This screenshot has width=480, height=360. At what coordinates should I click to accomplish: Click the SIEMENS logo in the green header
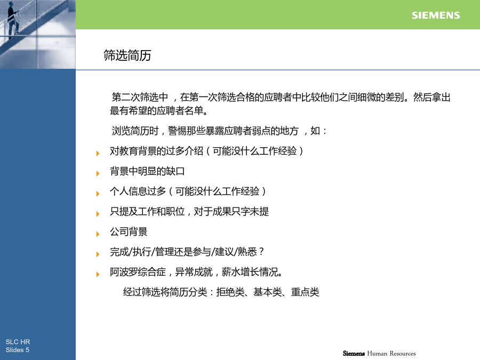(436, 15)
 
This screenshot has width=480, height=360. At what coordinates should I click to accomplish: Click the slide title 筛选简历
(127, 55)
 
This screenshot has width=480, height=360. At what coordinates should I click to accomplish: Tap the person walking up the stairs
(13, 19)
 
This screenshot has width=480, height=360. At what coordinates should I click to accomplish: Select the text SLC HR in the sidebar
(18, 342)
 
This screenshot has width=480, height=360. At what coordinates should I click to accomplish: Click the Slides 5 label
(18, 350)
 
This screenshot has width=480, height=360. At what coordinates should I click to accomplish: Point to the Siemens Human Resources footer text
(379, 353)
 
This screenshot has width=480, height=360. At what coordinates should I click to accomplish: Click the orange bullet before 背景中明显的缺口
(98, 173)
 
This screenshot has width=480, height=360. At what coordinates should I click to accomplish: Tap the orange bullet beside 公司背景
(98, 234)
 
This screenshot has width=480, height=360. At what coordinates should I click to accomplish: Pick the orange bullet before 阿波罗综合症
(98, 274)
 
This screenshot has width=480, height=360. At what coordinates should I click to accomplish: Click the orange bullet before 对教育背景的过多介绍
(98, 154)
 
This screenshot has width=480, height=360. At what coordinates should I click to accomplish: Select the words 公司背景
(129, 232)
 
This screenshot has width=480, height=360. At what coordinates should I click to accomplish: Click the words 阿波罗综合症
(138, 272)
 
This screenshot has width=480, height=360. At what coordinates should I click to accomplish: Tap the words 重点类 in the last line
(305, 292)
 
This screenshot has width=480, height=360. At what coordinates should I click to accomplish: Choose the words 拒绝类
(230, 292)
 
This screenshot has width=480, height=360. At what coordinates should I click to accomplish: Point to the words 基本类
(268, 292)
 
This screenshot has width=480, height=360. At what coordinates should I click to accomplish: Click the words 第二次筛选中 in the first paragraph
(140, 97)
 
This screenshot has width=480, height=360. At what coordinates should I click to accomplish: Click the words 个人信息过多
(138, 191)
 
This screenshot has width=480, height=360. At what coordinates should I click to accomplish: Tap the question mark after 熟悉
(261, 252)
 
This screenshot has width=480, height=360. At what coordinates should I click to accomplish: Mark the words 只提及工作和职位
(147, 212)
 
